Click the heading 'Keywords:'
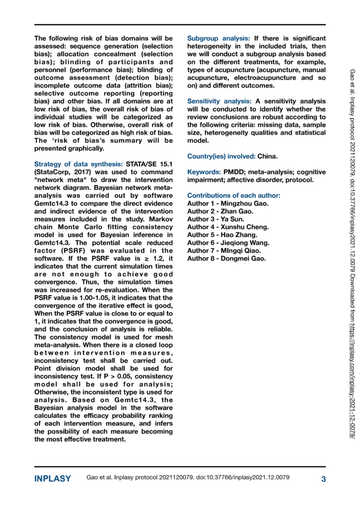tap(203, 172)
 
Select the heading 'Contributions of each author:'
tap(233, 196)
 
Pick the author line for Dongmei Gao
tap(226, 258)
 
